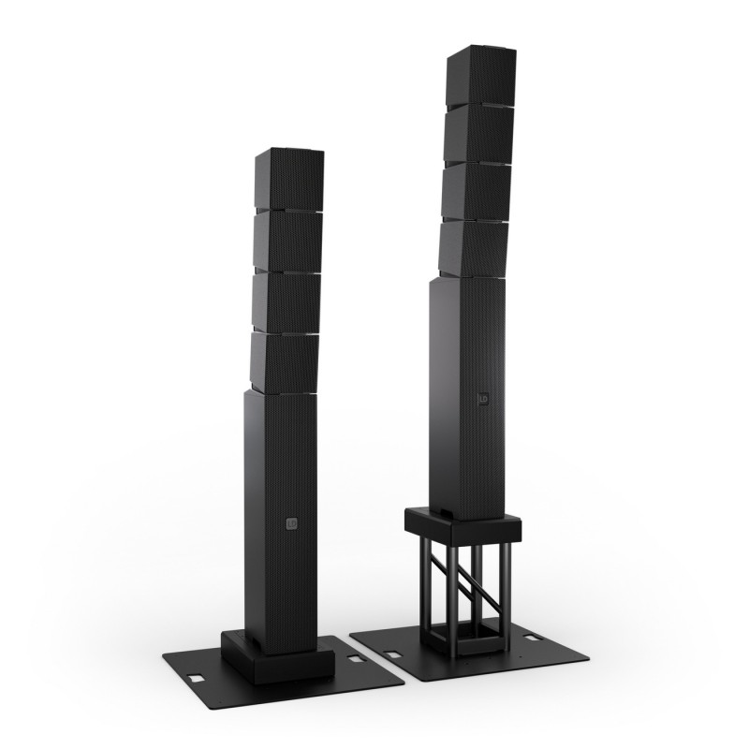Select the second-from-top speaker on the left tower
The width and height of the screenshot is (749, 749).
[x=285, y=241]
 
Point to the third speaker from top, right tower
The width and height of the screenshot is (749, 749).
[x=477, y=192]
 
